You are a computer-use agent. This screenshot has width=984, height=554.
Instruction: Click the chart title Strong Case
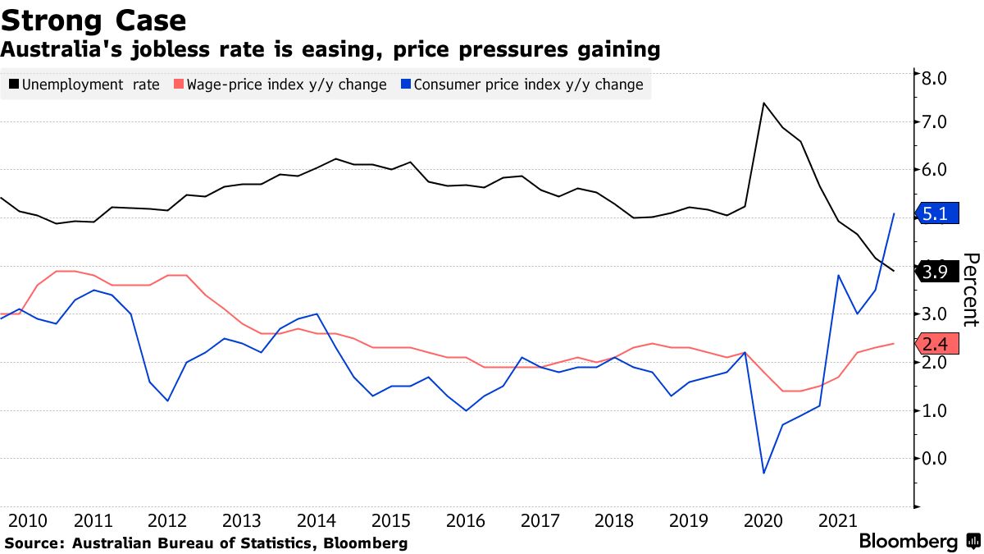click(x=93, y=20)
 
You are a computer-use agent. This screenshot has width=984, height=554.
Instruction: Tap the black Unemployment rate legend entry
click(x=84, y=85)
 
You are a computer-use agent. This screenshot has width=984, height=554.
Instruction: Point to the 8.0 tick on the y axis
click(x=936, y=79)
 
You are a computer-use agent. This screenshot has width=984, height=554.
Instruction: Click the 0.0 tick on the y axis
click(x=936, y=458)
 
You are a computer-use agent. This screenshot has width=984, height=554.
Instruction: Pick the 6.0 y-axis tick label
click(x=936, y=170)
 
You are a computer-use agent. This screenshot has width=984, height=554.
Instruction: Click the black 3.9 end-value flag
click(x=935, y=272)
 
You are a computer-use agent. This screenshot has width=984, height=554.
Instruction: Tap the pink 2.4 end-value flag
click(x=935, y=345)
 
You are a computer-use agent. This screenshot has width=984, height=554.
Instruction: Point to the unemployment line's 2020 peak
click(x=763, y=103)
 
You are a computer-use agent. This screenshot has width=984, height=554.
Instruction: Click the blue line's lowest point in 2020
click(x=763, y=473)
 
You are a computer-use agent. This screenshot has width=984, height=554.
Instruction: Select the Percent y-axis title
click(x=970, y=289)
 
